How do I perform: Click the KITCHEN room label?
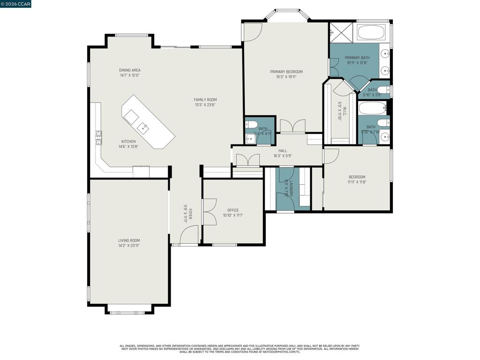point(128,142)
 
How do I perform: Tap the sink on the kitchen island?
point(143,127)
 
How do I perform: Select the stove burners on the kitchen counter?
point(99,137)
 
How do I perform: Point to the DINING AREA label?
point(130,70)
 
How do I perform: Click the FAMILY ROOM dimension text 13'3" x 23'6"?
point(205,105)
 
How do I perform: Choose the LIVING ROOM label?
point(129,240)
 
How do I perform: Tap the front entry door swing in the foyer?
point(189,234)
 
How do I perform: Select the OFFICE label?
point(233,210)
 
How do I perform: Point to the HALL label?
point(283,151)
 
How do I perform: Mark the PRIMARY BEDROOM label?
point(286,72)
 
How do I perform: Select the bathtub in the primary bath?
point(371,32)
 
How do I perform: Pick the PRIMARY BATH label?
point(357,58)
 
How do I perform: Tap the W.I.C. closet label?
point(344,112)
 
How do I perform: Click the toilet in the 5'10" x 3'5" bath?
point(382,90)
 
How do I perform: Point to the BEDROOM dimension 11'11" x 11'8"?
point(357,182)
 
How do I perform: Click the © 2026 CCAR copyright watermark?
point(15,4)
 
